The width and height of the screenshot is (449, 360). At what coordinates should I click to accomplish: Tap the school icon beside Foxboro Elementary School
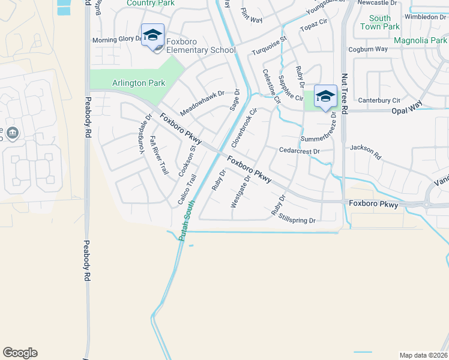click(x=152, y=34)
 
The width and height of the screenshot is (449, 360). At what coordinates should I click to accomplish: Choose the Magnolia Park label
click(x=420, y=41)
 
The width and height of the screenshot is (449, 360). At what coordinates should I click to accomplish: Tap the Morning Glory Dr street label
click(x=116, y=40)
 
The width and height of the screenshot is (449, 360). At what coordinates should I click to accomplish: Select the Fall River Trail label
click(x=158, y=155)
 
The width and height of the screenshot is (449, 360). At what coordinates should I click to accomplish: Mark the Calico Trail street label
click(x=187, y=191)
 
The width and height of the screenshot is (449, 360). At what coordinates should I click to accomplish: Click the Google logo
click(x=20, y=353)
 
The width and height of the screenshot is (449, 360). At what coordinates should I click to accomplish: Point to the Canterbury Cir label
click(x=379, y=100)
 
